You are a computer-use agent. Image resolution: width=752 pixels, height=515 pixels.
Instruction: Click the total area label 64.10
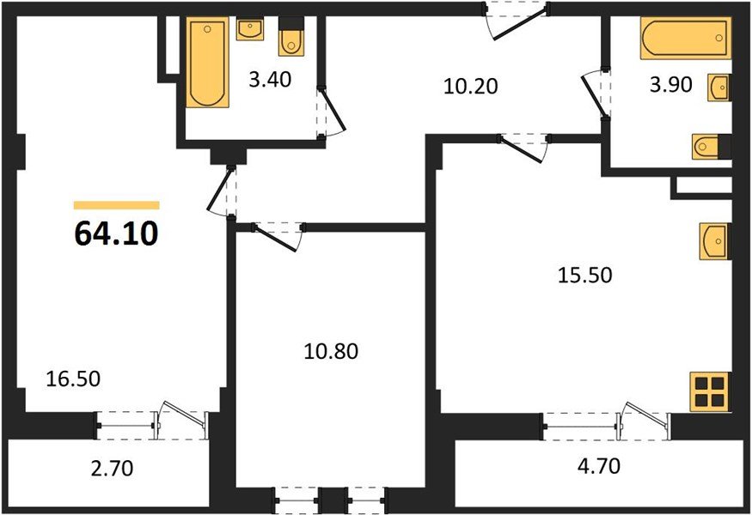(x=116, y=233)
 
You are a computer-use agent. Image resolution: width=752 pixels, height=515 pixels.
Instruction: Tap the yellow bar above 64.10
(x=116, y=205)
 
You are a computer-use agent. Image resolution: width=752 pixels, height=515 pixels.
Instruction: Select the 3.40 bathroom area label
(x=269, y=81)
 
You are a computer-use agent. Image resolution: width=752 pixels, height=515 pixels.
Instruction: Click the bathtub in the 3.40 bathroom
(x=210, y=65)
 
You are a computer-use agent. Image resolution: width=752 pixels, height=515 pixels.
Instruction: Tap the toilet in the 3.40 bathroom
(x=292, y=38)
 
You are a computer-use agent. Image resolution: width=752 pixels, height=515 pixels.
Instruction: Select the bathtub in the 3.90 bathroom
(x=684, y=39)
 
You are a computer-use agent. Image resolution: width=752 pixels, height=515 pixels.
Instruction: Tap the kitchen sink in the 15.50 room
(x=715, y=240)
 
